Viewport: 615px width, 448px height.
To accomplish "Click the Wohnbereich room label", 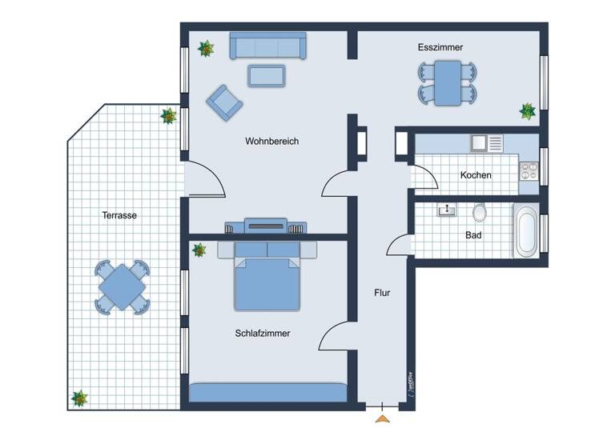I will click(x=271, y=142).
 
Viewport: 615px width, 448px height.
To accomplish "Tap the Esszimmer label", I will click(x=440, y=48).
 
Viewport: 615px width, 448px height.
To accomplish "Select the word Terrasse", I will click(x=119, y=215).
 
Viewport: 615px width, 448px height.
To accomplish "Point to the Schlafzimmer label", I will click(x=263, y=334).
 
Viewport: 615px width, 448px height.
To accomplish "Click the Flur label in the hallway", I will click(x=382, y=293).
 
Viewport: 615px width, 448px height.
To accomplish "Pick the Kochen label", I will click(x=476, y=175).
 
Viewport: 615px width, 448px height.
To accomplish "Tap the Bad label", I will click(x=473, y=236).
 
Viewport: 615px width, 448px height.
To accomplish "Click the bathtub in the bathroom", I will click(x=526, y=231).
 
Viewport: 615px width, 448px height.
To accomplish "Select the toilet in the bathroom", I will click(x=480, y=212).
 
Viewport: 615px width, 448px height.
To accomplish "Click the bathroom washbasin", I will click(x=445, y=210).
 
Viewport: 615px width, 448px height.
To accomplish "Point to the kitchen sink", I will click(x=480, y=143).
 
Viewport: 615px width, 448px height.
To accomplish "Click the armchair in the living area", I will click(x=223, y=102).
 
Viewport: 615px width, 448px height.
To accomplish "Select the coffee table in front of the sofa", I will click(x=267, y=75).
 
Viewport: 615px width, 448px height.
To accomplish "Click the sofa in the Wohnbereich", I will click(x=267, y=46).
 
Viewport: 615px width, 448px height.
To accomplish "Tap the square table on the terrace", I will click(x=122, y=286).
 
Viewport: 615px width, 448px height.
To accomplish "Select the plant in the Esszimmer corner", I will click(x=527, y=110).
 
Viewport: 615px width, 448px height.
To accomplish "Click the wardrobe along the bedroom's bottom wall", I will click(x=267, y=392).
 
